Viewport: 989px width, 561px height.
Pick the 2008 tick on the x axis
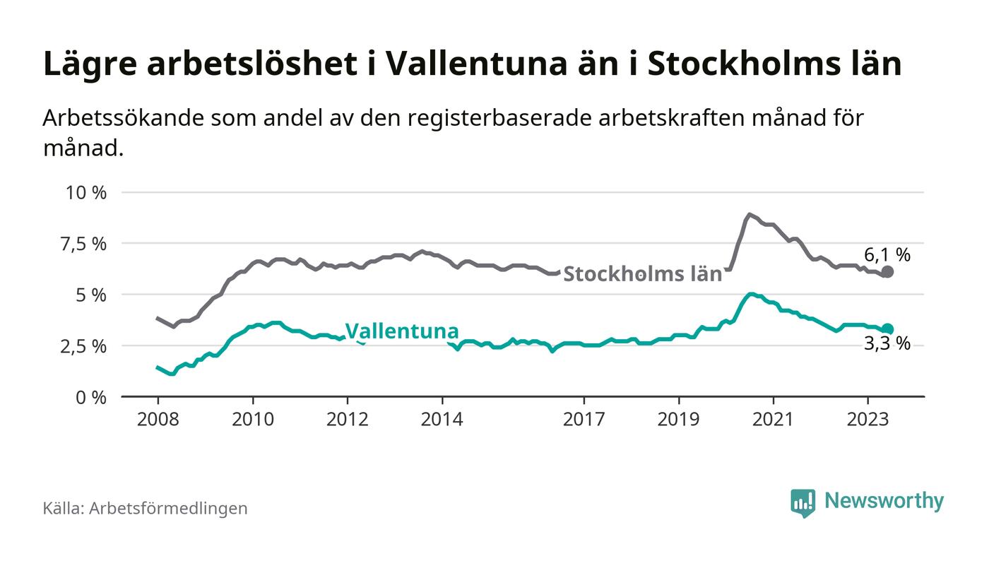click(x=158, y=419)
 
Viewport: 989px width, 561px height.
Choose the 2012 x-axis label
click(x=347, y=419)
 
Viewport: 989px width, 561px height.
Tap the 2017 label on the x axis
click(x=584, y=419)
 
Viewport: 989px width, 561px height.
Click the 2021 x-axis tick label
click(x=773, y=419)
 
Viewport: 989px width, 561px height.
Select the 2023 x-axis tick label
click(x=867, y=419)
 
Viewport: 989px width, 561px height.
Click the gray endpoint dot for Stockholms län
click(x=888, y=272)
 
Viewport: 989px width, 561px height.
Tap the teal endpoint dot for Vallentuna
click(x=888, y=329)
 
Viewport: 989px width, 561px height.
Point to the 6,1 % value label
click(x=887, y=254)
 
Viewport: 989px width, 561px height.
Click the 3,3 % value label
click(x=887, y=345)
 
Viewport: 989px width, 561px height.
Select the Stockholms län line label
click(x=643, y=274)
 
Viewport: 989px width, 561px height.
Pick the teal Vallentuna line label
click(x=401, y=331)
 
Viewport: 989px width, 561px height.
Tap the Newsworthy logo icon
click(x=803, y=502)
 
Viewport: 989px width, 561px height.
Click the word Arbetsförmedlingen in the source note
click(x=168, y=508)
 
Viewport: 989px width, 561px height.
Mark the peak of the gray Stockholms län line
click(x=748, y=214)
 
